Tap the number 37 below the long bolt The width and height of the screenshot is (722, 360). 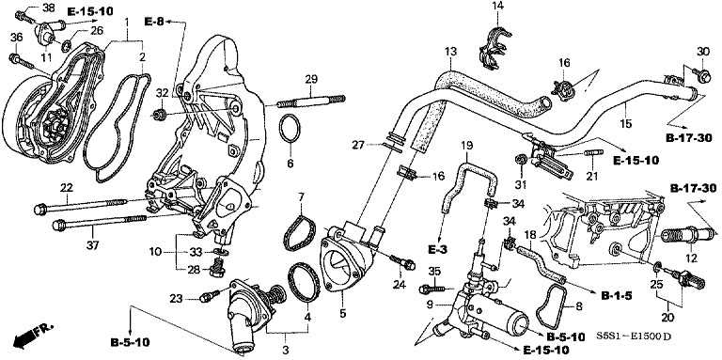tap(66, 244)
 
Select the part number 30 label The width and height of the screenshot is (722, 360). tap(701, 50)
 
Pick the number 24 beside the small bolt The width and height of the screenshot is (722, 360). tap(399, 285)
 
